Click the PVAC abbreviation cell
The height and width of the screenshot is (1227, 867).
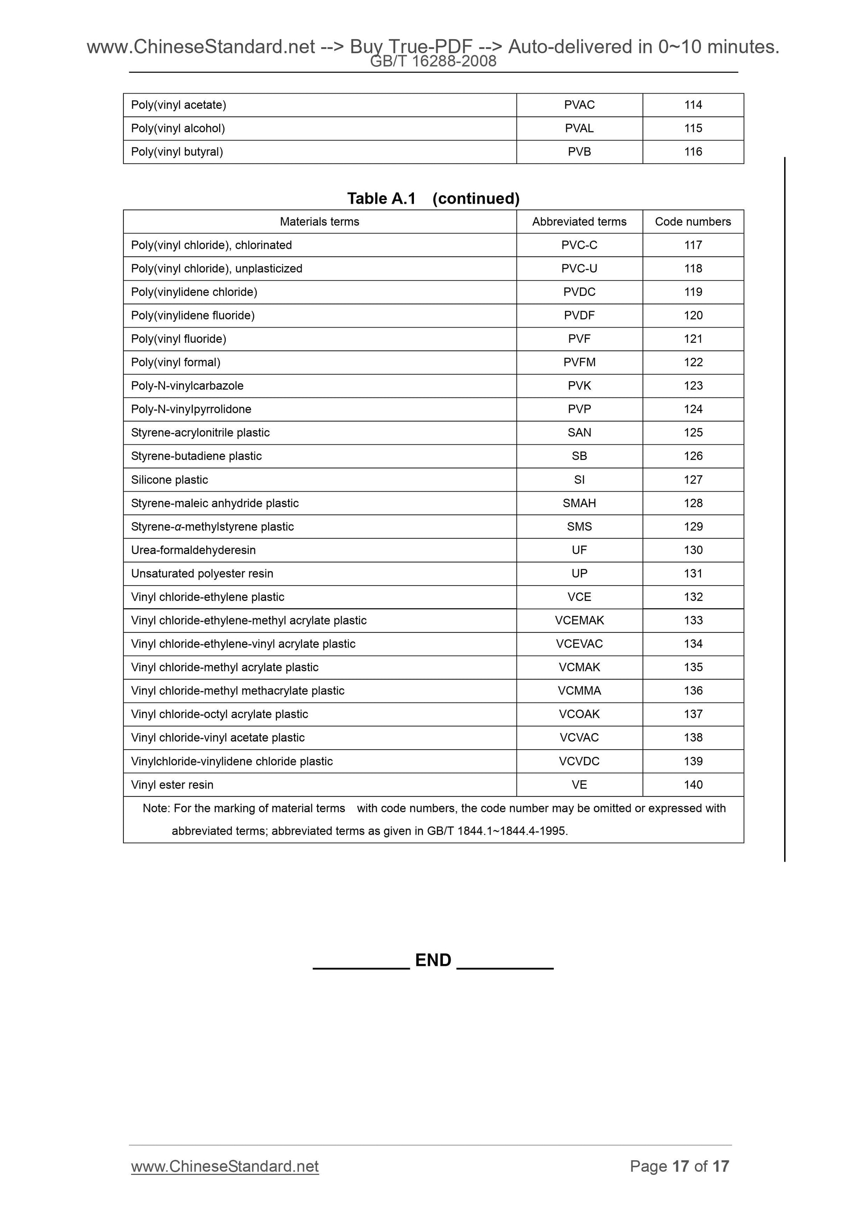click(x=579, y=105)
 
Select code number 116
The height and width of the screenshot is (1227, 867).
click(x=693, y=152)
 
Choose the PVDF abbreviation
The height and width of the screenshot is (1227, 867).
click(x=579, y=315)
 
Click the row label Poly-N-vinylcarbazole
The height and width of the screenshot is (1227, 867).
click(x=187, y=386)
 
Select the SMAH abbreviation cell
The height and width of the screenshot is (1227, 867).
click(x=579, y=503)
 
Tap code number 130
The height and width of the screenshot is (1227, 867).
click(x=693, y=550)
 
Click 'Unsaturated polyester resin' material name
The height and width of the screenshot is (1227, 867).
click(x=202, y=574)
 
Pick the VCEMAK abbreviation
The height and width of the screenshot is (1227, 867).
click(x=579, y=620)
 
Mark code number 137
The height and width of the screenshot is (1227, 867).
click(x=693, y=714)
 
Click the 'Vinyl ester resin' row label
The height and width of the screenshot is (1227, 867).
click(x=172, y=784)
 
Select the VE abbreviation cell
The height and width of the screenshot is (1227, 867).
click(x=579, y=784)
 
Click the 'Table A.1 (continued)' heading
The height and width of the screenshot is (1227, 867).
click(x=433, y=198)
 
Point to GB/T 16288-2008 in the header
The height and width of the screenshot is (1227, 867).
click(x=433, y=62)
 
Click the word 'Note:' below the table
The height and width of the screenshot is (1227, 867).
click(x=156, y=808)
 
